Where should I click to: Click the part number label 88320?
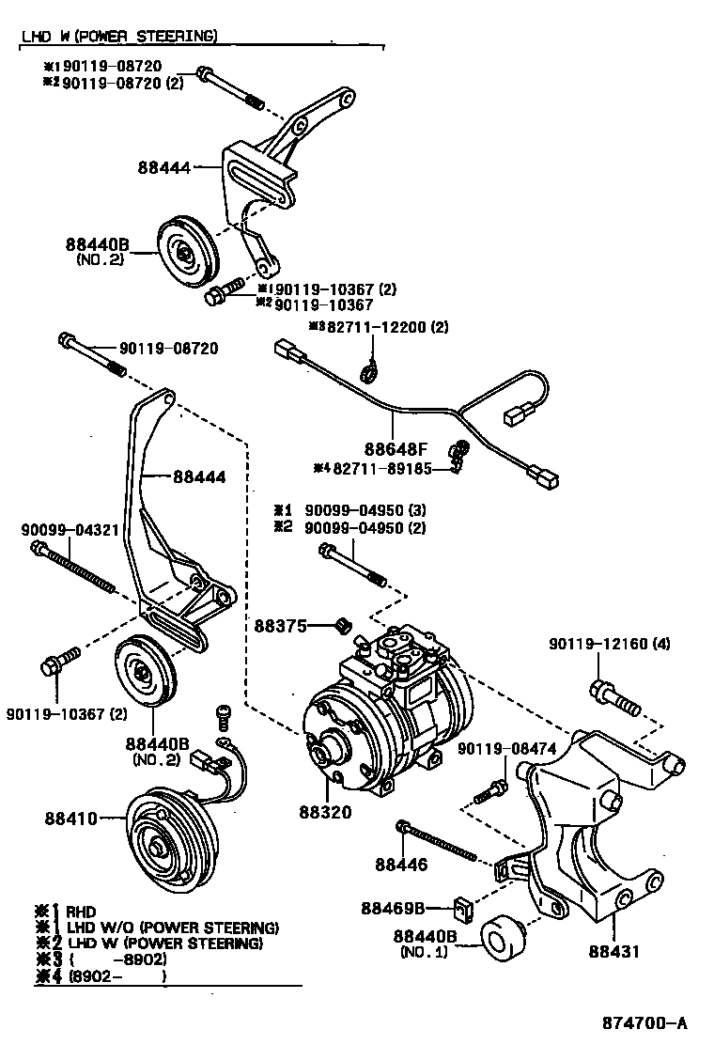coord(326,813)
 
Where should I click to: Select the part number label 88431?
coord(613,950)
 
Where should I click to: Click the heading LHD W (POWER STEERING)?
coord(119,37)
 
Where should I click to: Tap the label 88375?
coord(278,625)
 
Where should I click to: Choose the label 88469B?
coord(394,908)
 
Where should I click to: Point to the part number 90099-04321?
coord(70,529)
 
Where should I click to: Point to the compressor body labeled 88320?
coord(385,714)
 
